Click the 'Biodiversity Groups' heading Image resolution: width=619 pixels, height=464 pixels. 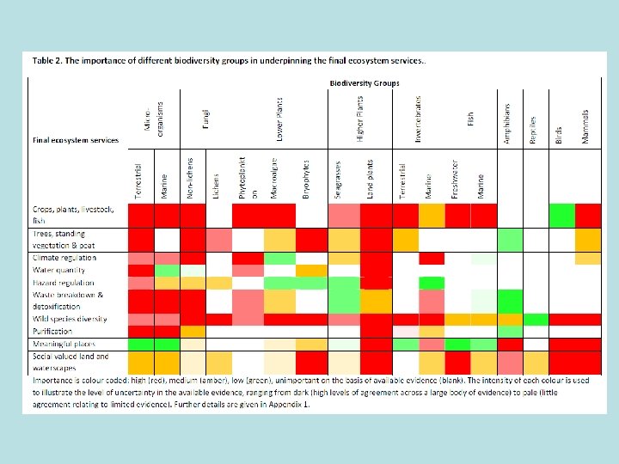pos(365,82)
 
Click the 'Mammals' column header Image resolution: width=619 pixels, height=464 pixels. pos(586,125)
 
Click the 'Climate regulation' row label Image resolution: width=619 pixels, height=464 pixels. pos(64,258)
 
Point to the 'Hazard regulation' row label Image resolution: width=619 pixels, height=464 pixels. pos(64,282)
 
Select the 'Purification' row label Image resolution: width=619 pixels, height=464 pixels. pos(52,331)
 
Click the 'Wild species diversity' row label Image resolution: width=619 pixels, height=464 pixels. pos(70,319)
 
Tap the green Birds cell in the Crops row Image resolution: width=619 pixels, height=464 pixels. pos(561,215)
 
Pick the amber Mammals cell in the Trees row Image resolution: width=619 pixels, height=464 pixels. pos(588,239)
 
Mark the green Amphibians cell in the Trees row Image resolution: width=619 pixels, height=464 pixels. pos(510,239)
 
